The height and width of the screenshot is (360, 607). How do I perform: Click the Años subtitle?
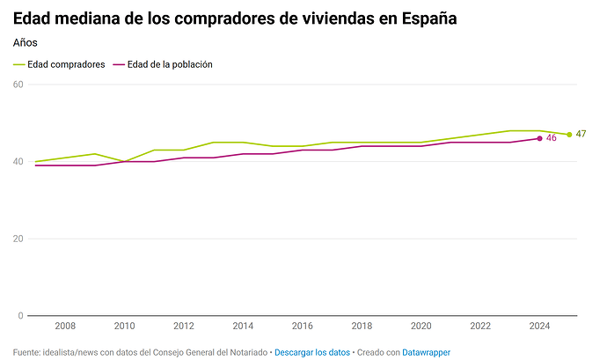[26, 42]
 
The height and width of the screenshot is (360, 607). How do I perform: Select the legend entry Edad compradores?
[66, 64]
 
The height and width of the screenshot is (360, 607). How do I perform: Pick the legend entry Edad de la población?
[170, 64]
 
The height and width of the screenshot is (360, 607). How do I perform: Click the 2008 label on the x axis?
[65, 326]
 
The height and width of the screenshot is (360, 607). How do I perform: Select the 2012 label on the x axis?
[184, 326]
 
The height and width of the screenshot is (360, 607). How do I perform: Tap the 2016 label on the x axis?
[302, 326]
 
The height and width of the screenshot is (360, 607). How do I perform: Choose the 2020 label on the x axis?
[421, 326]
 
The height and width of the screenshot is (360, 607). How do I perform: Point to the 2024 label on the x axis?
[539, 326]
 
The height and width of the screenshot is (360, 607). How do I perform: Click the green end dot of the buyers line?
[569, 135]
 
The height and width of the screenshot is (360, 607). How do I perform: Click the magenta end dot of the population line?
[539, 138]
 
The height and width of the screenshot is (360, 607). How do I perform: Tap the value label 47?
[581, 134]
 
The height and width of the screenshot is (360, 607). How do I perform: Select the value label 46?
[552, 138]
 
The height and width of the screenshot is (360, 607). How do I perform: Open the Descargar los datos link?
[312, 352]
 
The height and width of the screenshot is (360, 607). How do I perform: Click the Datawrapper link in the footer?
[427, 352]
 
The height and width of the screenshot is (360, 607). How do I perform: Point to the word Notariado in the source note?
[247, 352]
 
